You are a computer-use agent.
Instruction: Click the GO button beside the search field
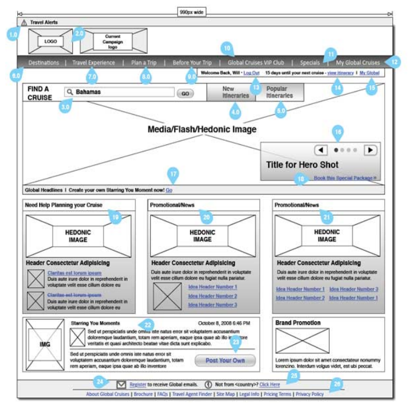(x=185, y=93)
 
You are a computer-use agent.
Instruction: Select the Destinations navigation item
(x=44, y=63)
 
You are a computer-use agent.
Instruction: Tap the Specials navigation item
(x=310, y=63)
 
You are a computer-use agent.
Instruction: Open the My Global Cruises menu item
(x=358, y=63)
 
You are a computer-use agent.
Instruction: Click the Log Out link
(x=251, y=73)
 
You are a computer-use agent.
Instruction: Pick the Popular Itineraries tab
(x=279, y=92)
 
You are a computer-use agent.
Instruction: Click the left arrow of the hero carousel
(x=321, y=150)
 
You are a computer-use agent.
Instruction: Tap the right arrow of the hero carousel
(x=370, y=150)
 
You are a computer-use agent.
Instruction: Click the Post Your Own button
(x=225, y=360)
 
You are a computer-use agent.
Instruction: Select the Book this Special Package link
(x=345, y=177)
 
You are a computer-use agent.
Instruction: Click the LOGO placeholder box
(x=51, y=41)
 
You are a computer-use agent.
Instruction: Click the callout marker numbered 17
(x=173, y=174)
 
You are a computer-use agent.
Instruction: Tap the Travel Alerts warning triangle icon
(x=24, y=22)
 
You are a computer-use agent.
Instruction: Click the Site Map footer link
(x=225, y=394)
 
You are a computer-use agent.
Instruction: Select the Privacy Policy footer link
(x=309, y=394)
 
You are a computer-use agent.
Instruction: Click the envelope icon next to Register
(x=121, y=384)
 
